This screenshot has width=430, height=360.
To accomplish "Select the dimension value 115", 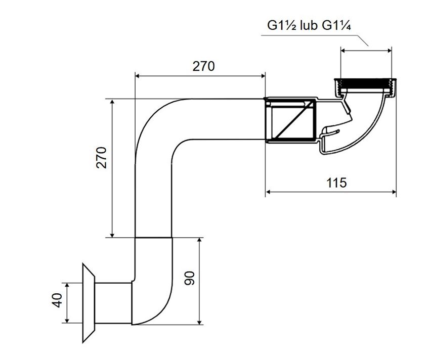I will [336, 183].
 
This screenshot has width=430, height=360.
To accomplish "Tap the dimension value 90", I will [190, 278].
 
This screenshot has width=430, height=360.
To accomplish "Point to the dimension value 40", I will [57, 300].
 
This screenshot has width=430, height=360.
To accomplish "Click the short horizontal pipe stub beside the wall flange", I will [113, 303].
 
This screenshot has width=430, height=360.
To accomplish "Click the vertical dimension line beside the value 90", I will [201, 281].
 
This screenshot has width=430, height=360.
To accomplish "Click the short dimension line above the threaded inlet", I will [366, 50].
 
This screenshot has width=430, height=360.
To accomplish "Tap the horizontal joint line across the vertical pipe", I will [153, 237].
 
